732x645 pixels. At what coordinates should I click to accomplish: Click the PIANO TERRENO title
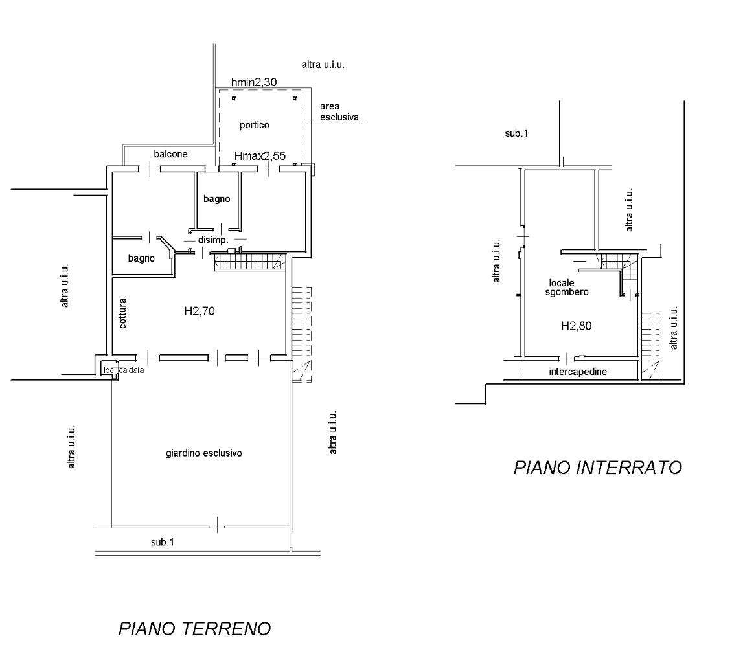(x=195, y=629)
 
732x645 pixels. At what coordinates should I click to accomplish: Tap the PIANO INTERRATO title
(x=597, y=467)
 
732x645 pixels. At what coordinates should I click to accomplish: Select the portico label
(x=255, y=125)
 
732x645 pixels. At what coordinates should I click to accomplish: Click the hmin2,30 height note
(x=254, y=82)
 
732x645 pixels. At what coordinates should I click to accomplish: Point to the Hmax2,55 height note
(x=260, y=156)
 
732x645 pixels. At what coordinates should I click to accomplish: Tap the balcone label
(x=171, y=154)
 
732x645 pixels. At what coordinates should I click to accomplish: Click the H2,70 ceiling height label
(x=200, y=311)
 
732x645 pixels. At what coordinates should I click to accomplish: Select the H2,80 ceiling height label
(x=577, y=326)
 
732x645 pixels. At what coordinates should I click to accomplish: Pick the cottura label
(x=123, y=313)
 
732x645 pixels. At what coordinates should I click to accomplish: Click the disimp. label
(x=213, y=240)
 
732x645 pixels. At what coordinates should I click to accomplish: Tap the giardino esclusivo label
(x=204, y=453)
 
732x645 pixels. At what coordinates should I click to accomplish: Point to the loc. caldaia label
(x=124, y=370)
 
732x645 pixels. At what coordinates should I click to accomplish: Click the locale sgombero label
(x=567, y=288)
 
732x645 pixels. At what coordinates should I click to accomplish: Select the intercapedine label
(x=578, y=372)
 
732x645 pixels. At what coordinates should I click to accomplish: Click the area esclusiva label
(x=339, y=111)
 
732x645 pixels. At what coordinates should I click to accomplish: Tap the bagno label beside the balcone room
(x=141, y=258)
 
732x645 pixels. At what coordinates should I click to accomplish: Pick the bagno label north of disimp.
(x=216, y=199)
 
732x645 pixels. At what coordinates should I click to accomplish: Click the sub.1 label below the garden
(x=163, y=542)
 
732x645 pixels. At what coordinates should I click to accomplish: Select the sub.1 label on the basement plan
(x=516, y=133)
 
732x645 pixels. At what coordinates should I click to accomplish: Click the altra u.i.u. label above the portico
(x=323, y=65)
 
